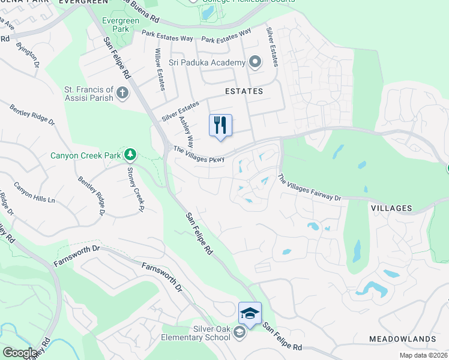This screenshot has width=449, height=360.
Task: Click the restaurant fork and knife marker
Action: point(220,125)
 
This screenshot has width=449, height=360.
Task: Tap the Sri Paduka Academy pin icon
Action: point(255,62)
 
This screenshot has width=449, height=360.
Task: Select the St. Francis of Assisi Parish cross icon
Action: point(122,93)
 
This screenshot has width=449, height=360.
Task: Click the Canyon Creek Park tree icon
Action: point(130,155)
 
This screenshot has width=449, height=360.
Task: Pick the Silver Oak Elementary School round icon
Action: point(239,333)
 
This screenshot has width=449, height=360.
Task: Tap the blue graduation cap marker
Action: point(250,313)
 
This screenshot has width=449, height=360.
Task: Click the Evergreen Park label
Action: point(115,25)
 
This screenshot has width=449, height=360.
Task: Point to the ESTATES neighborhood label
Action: point(244,91)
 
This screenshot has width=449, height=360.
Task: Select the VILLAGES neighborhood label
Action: point(391,208)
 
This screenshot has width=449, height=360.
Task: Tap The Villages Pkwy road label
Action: point(199,154)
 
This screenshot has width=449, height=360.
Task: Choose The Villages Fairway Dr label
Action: point(309,187)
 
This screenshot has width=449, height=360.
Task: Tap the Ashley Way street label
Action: point(186,132)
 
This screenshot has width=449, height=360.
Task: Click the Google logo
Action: point(20,353)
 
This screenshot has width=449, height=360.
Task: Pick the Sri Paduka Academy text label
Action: point(206,63)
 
